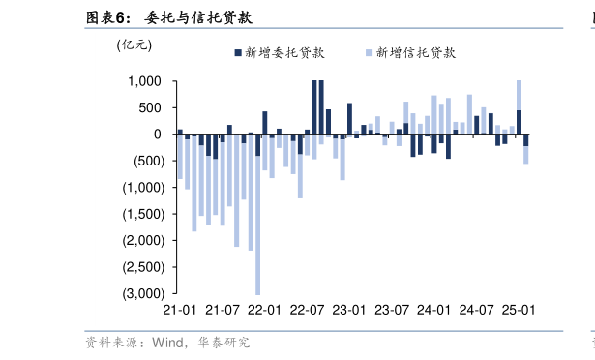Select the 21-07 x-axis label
[x=222, y=310]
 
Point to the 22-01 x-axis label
[x=264, y=310]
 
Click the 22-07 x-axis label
[x=307, y=310]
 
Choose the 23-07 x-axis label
[x=391, y=310]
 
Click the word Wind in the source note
[x=166, y=342]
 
